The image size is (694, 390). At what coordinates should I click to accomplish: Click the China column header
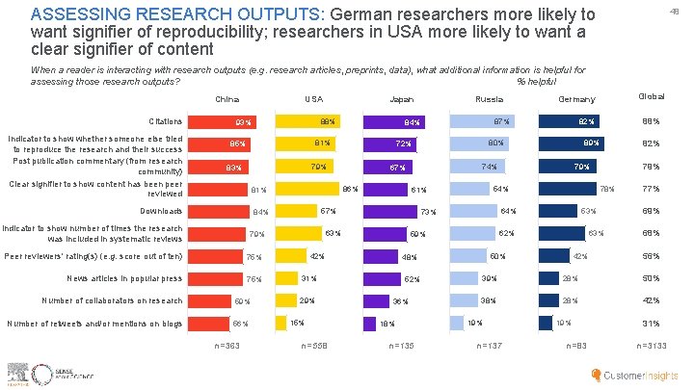[227, 99]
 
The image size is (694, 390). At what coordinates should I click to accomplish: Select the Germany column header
[576, 99]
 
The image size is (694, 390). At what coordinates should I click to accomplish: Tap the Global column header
[652, 97]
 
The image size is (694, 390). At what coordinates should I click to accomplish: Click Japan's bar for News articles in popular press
[394, 279]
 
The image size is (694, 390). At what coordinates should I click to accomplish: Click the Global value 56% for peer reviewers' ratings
[652, 256]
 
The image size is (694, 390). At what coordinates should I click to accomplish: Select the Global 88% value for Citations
[652, 121]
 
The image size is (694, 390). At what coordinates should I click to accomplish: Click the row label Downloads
[160, 211]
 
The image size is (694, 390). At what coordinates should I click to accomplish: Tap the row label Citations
[165, 121]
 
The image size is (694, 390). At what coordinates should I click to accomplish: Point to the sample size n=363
[227, 346]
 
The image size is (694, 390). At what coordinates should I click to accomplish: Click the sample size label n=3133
[652, 346]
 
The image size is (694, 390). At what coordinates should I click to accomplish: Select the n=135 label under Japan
[403, 346]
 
